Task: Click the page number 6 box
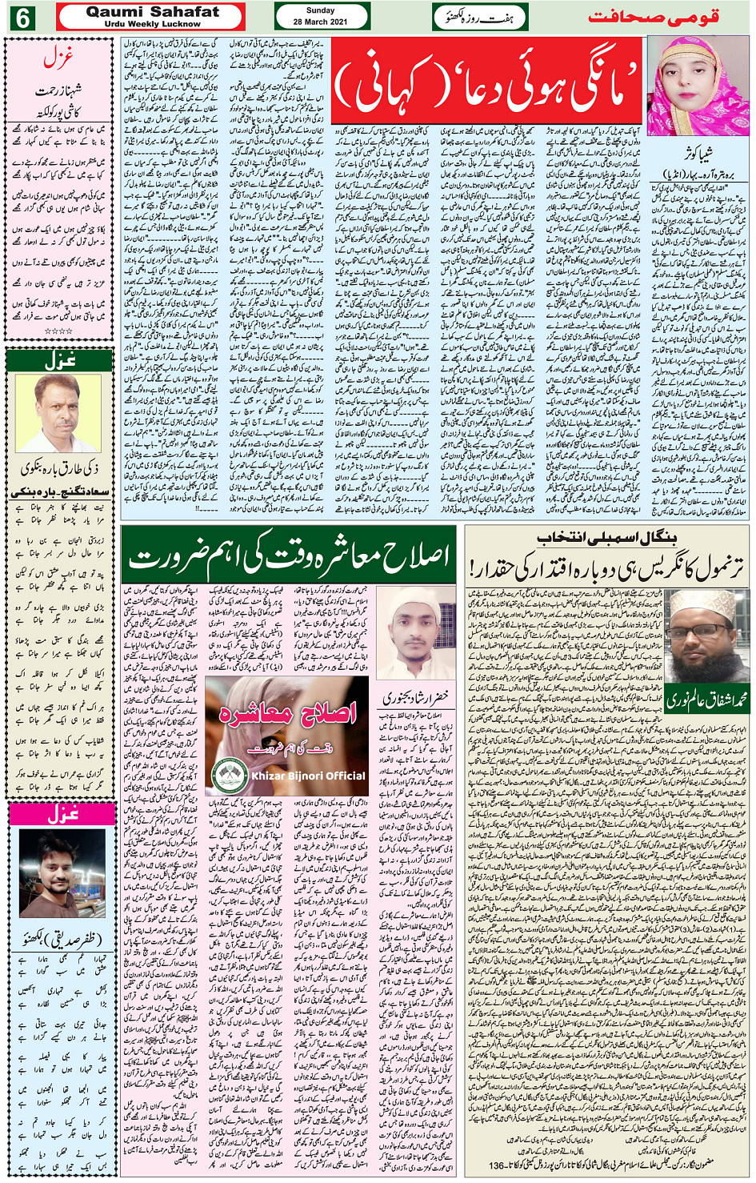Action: (21, 17)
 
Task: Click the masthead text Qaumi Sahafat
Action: (152, 12)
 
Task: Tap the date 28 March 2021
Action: (321, 22)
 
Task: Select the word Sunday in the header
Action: (321, 10)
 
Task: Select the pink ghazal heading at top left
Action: (59, 58)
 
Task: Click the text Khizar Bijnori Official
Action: (309, 776)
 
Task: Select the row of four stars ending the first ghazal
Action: (58, 331)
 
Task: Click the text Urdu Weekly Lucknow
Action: (152, 24)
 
